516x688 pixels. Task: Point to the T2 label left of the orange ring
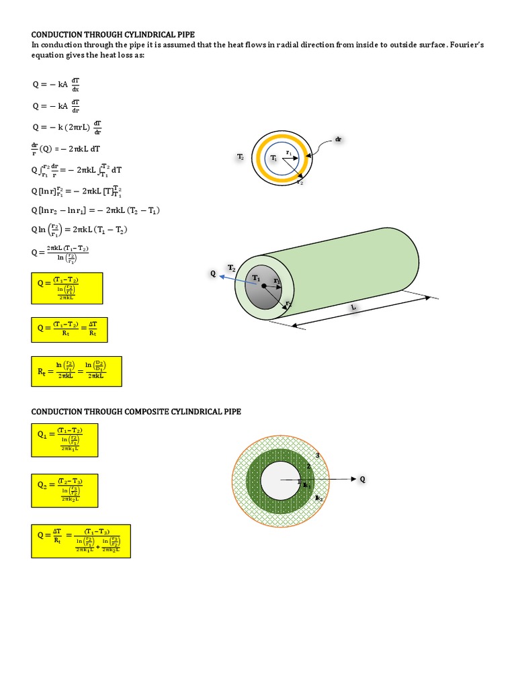(x=240, y=157)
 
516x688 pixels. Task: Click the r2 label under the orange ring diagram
(x=300, y=182)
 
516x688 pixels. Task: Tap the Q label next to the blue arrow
(x=213, y=273)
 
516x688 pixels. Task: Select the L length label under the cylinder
(x=352, y=307)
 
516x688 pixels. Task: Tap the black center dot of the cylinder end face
(x=263, y=287)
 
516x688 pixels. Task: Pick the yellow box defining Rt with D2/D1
(x=77, y=372)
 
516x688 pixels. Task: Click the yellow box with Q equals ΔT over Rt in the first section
(x=69, y=329)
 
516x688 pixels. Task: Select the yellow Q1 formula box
(x=64, y=439)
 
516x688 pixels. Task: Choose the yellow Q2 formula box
(x=64, y=490)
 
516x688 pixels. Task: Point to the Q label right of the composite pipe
(x=363, y=479)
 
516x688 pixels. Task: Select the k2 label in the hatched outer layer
(x=318, y=498)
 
